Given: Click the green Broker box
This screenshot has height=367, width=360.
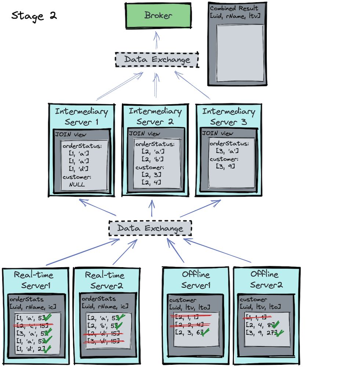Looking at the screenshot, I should point(159,16).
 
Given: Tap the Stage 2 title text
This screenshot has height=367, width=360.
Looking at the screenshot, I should point(34,16).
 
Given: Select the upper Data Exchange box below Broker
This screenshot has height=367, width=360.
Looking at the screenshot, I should point(157,60).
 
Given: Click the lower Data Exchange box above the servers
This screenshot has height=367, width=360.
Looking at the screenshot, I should point(150,229).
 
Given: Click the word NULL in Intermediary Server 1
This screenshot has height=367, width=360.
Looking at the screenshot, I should point(77,184).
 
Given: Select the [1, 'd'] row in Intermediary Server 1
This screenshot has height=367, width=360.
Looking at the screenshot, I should point(79,169).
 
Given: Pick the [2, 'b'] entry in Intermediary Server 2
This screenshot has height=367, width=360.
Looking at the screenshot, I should point(152,159).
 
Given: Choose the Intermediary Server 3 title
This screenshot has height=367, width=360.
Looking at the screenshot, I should point(228,116).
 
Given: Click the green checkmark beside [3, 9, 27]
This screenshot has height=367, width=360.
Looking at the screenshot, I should point(280,333).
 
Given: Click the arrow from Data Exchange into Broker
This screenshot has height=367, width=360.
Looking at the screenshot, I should point(157,40).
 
